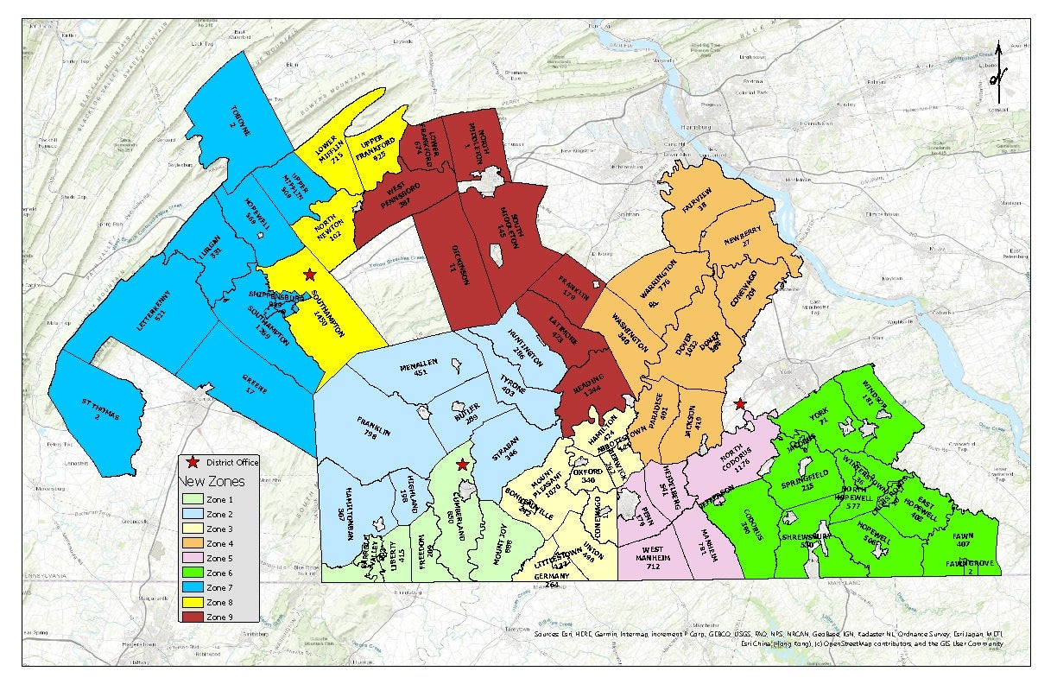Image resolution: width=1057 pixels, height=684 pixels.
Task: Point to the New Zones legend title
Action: pyautogui.click(x=211, y=480)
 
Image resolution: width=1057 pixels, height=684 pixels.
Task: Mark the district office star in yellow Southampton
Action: pyautogui.click(x=309, y=275)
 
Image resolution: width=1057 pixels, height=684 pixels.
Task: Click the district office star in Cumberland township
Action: pyautogui.click(x=462, y=465)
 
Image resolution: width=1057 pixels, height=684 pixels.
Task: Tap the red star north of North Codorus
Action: pyautogui.click(x=739, y=403)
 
